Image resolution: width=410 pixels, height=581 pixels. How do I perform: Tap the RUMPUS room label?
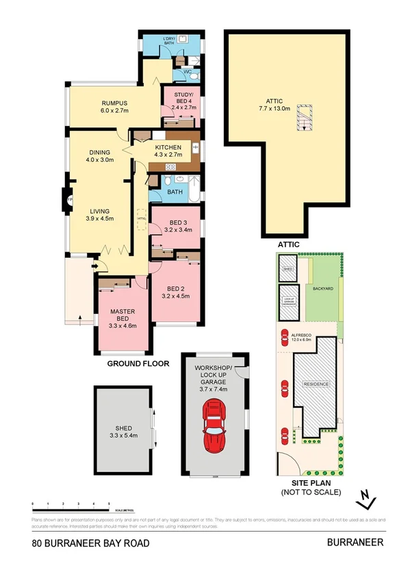tap(115, 103)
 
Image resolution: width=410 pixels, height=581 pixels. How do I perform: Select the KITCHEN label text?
tap(168, 147)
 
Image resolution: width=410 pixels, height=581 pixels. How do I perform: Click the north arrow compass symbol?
tap(367, 499)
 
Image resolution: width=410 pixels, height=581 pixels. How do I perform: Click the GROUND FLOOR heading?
tap(138, 364)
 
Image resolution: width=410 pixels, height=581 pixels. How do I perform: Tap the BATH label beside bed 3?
tap(175, 192)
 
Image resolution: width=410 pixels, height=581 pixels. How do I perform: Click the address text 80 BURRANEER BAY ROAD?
tap(90, 543)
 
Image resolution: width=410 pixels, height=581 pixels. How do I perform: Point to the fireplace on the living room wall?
tap(69, 199)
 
